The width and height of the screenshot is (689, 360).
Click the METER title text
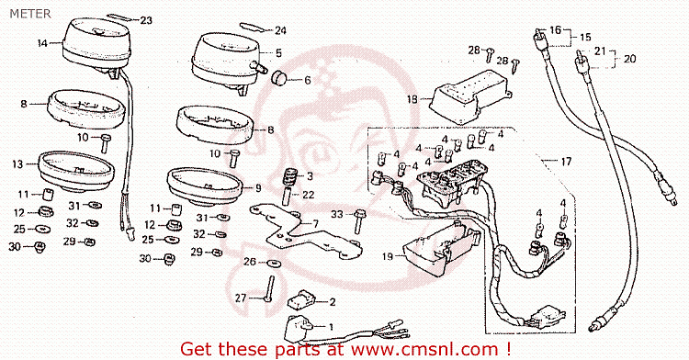[30, 14]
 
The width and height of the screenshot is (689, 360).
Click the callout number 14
[42, 43]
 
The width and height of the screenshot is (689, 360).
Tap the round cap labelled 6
[278, 78]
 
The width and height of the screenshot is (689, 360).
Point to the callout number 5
[278, 53]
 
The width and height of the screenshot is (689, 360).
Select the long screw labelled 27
[268, 288]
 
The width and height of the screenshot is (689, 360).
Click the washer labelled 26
[275, 263]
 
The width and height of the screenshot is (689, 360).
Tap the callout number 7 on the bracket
[315, 224]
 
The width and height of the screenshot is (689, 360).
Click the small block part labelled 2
[301, 299]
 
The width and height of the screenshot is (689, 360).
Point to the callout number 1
[331, 327]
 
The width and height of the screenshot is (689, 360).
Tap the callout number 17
[567, 162]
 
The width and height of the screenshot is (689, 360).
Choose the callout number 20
[629, 59]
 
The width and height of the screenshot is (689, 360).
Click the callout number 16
[556, 30]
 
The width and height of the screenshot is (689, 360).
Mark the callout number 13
[17, 164]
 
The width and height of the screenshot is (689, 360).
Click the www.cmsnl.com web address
[424, 349]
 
